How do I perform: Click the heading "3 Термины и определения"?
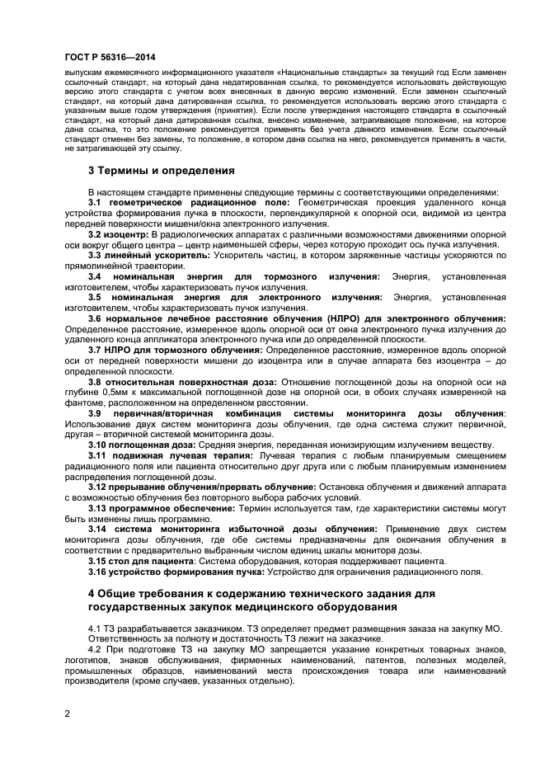(x=161, y=171)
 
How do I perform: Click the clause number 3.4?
(x=96, y=277)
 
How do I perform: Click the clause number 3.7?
(x=96, y=351)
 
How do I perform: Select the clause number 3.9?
(x=96, y=413)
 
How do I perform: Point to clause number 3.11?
(x=98, y=456)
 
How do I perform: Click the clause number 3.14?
(x=98, y=530)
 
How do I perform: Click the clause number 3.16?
(x=98, y=572)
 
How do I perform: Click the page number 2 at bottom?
(x=67, y=714)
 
